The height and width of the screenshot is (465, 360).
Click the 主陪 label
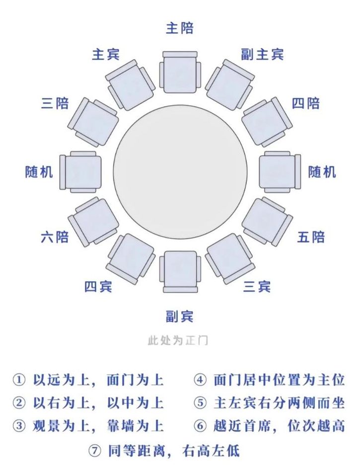click(x=180, y=28)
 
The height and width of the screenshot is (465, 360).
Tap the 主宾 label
click(x=106, y=55)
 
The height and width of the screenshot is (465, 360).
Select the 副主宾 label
click(x=262, y=55)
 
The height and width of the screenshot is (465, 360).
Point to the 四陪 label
click(x=305, y=104)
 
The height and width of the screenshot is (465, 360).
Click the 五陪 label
click(x=311, y=237)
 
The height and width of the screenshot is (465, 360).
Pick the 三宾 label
click(x=257, y=286)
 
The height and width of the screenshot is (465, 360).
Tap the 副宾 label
click(x=179, y=316)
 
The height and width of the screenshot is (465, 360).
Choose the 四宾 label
click(x=98, y=286)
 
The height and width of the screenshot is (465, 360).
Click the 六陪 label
click(x=55, y=237)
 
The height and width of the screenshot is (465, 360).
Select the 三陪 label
click(x=55, y=104)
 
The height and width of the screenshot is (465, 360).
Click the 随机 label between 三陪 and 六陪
click(x=39, y=172)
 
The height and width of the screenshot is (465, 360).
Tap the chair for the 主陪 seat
click(x=180, y=72)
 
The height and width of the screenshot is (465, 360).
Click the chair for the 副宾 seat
click(x=180, y=271)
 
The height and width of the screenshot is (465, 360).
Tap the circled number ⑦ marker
click(x=95, y=451)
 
